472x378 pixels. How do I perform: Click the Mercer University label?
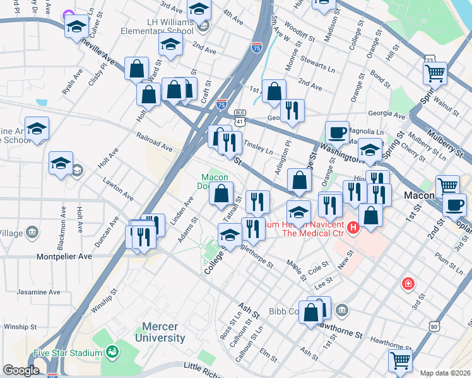tap(163, 332)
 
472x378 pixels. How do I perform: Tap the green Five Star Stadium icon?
tap(112, 351)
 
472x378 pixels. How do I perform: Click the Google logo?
tap(21, 370)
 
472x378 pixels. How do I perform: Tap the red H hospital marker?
tap(353, 226)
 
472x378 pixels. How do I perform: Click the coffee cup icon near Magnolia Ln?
tap(337, 132)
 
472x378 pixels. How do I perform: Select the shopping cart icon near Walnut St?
tap(435, 74)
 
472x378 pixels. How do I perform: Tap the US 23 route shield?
tap(430, 59)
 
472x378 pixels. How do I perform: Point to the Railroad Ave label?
tap(154, 142)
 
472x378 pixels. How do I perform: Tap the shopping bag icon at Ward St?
tap(136, 69)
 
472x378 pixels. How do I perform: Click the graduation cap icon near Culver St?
tap(76, 27)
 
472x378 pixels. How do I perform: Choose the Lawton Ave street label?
tap(119, 188)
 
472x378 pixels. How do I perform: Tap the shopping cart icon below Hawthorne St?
tap(400, 361)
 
